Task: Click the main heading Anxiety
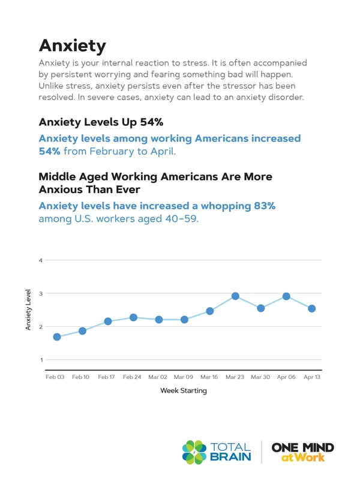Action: (72, 46)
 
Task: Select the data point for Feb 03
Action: (57, 337)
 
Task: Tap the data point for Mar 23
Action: (235, 296)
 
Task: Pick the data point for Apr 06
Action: (286, 296)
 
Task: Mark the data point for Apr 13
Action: (311, 308)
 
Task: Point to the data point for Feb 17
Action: (108, 321)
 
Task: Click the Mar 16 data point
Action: (210, 311)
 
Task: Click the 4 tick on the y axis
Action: (41, 260)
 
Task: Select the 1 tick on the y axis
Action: (41, 360)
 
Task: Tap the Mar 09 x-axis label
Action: (183, 377)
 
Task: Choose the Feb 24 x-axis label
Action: (132, 377)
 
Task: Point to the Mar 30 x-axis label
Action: (260, 377)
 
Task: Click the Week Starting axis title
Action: (183, 391)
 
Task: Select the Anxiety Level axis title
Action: (28, 309)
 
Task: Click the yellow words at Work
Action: (303, 457)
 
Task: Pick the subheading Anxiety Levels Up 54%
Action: (101, 122)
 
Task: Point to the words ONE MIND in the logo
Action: (303, 447)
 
